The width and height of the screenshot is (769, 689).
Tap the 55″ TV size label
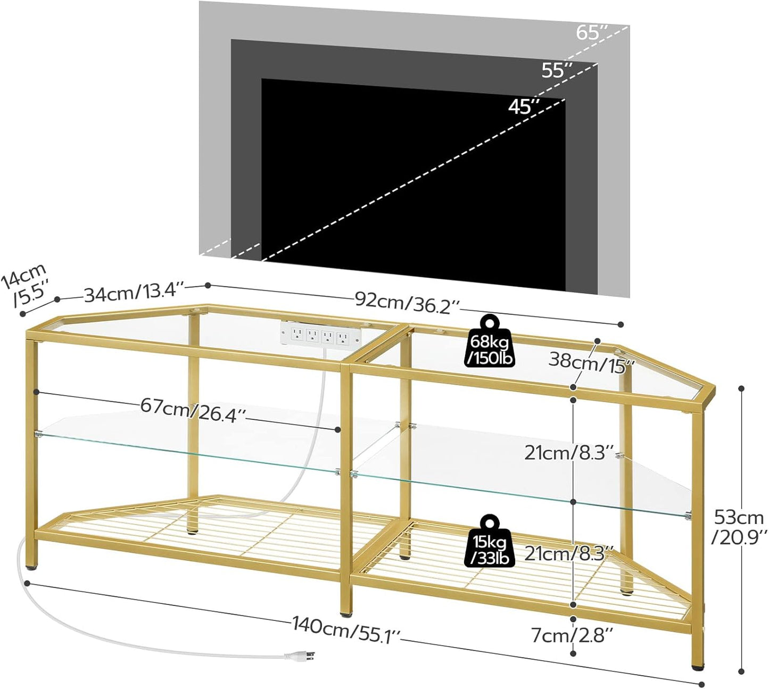557,70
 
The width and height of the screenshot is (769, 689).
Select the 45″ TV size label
524,107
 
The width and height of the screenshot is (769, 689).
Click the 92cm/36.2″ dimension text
407,303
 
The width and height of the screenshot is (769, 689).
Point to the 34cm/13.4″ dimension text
134,293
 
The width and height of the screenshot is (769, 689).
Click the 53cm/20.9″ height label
739,526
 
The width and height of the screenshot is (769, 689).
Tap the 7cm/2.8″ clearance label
572,634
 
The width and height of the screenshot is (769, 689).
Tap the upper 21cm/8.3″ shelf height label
569,453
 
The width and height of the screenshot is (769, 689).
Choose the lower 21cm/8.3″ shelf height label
569,553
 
